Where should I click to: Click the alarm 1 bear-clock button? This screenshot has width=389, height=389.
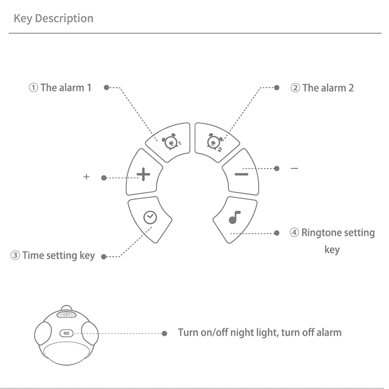tap(168, 141)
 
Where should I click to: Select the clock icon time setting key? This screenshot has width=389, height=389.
tap(150, 218)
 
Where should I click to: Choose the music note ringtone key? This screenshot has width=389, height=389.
tap(235, 218)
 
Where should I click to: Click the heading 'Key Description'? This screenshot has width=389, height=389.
tap(53, 18)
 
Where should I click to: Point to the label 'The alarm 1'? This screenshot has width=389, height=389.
tap(66, 88)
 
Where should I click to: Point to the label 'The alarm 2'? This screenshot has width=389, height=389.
tap(328, 88)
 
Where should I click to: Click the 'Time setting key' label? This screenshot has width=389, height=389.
tap(58, 255)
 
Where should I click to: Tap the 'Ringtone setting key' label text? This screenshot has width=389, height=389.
tap(338, 233)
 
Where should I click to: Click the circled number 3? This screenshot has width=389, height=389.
tap(16, 255)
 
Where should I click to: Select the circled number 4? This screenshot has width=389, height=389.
tap(295, 233)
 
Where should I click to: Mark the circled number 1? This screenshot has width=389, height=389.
tap(33, 88)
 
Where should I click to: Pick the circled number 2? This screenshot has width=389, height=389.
tap(295, 88)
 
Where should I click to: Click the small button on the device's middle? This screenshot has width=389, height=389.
tap(66, 334)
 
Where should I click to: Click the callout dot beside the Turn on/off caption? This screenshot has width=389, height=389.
tap(165, 334)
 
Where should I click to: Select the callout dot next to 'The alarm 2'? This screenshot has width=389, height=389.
tap(277, 88)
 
